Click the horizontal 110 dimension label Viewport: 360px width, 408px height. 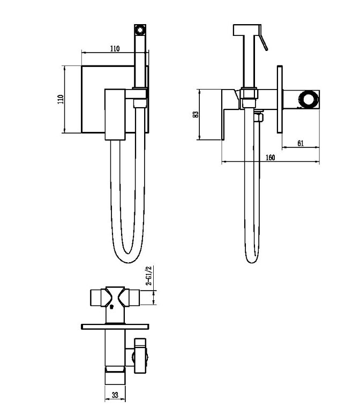(115, 49)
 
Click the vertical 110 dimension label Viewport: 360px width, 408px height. (61, 99)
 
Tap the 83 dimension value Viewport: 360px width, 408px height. (196, 115)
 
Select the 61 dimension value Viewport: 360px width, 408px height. (301, 143)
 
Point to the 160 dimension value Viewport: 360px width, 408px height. (271, 158)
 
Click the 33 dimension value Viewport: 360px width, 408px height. (115, 395)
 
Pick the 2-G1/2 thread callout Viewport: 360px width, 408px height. (149, 276)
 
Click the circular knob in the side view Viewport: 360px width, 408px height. (308, 99)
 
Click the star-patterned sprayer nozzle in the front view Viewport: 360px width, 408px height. (140, 29)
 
